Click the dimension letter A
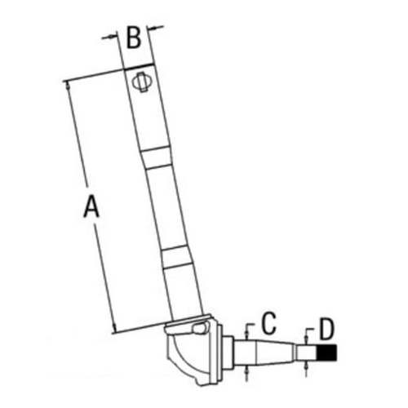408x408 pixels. tap(91, 206)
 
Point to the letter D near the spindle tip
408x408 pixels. tap(326, 330)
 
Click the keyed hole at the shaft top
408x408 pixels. tap(141, 82)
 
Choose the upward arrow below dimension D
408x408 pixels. tap(306, 366)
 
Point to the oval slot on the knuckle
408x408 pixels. tap(198, 328)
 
